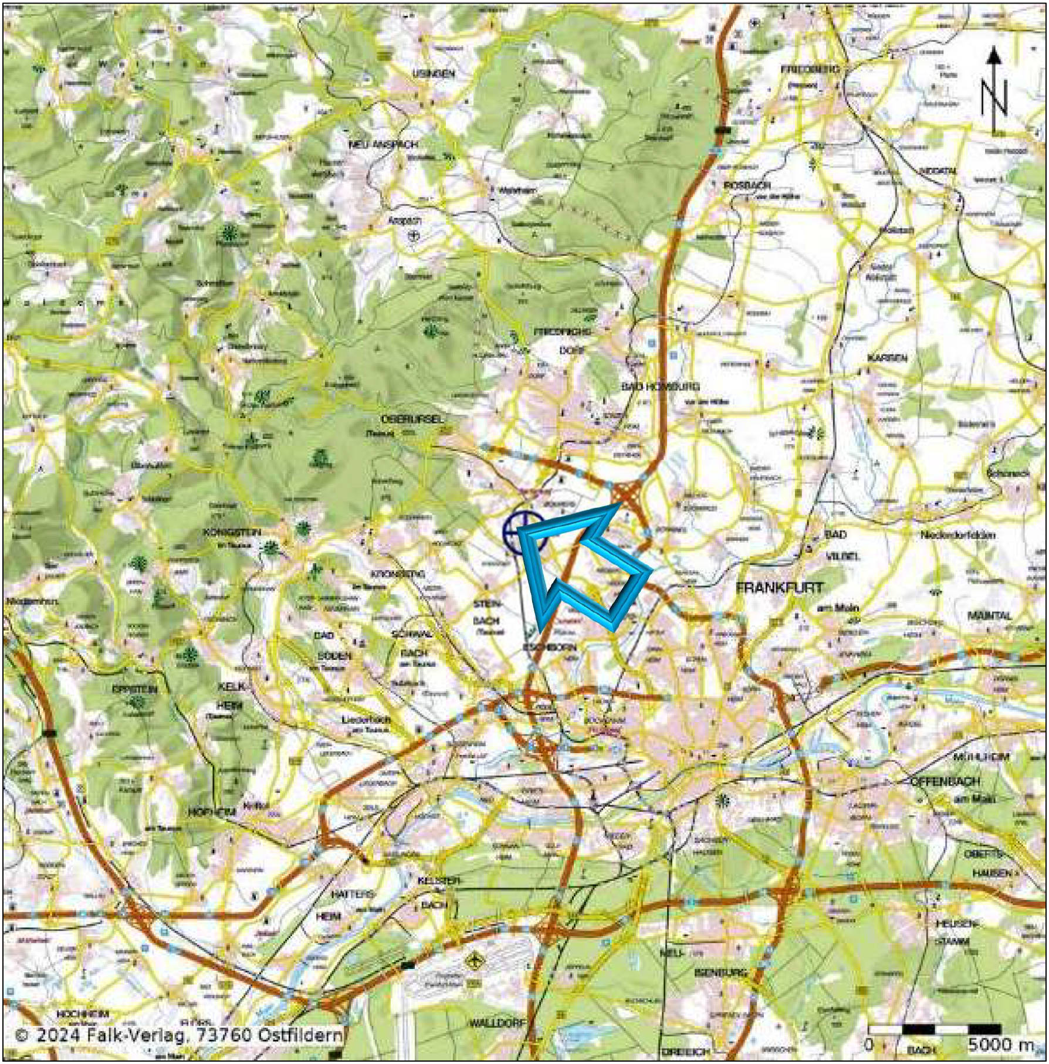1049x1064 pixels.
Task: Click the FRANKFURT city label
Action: tap(779, 587)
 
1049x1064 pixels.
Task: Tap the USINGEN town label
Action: tap(434, 74)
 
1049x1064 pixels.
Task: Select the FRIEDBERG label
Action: tap(810, 69)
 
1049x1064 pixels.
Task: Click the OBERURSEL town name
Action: tap(412, 419)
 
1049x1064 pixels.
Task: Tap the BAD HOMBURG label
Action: tap(660, 387)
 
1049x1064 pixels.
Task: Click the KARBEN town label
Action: tap(887, 358)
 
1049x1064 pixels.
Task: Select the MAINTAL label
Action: tap(990, 616)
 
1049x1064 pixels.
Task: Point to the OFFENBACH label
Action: tap(945, 782)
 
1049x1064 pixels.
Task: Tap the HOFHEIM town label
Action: tap(211, 812)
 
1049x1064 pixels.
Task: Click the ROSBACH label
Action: tap(743, 185)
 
